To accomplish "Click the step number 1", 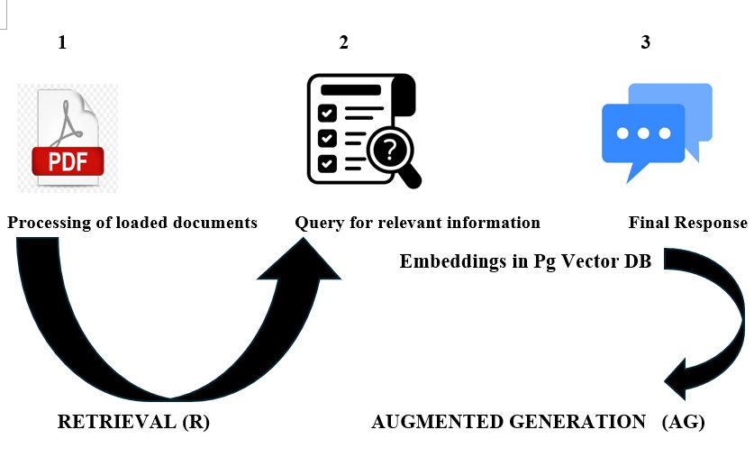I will (62, 42).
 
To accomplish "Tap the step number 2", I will (343, 42).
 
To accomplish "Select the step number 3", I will (645, 42).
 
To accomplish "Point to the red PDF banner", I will (68, 161).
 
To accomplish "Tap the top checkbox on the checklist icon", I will (328, 114).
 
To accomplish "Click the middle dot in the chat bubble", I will (643, 133).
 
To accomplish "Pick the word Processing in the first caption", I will (49, 223).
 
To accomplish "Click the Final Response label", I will (687, 223).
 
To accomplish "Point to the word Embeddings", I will (447, 262).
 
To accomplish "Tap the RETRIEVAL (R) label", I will (133, 422).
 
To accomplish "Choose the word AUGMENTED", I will (438, 422).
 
